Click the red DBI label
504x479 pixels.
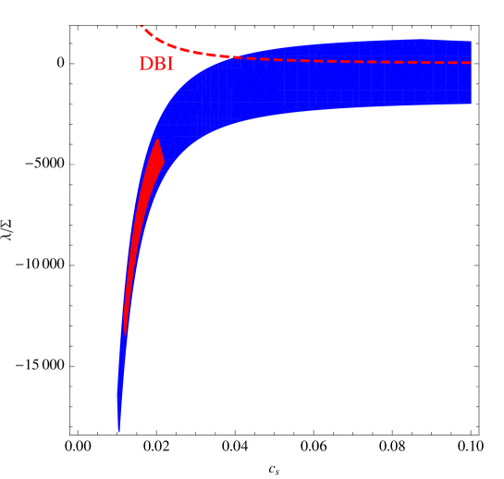point(155,65)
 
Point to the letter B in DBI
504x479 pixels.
point(157,65)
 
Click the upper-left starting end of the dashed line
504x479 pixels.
point(141,27)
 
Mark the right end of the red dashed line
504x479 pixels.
point(471,63)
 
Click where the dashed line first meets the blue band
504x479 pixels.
point(227,57)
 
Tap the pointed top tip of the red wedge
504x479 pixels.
point(158,141)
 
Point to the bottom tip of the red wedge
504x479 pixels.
point(124,331)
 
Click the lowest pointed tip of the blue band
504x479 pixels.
point(119,430)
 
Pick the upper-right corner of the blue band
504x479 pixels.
point(471,41)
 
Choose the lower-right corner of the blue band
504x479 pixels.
point(471,104)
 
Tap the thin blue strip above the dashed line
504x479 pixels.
point(370,50)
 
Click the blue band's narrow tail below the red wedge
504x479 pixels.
point(121,379)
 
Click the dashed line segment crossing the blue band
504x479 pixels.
point(351,62)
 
